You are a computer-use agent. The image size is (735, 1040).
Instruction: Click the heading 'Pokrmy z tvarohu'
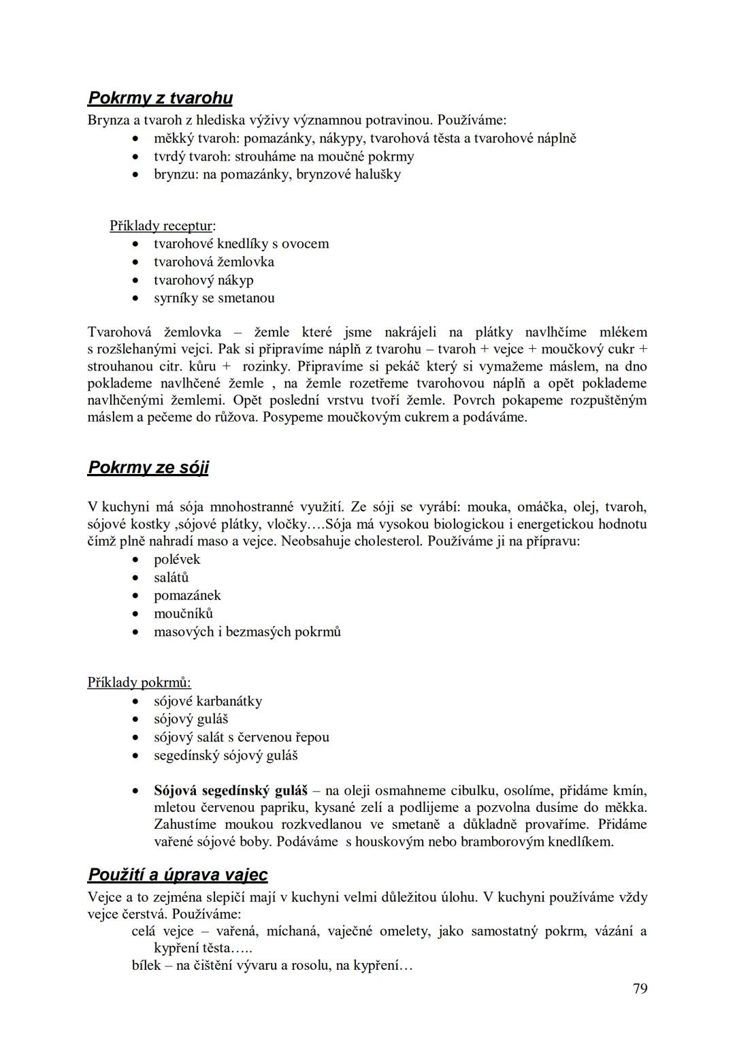pyautogui.click(x=160, y=99)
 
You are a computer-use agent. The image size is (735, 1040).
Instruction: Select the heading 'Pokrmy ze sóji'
pyautogui.click(x=148, y=468)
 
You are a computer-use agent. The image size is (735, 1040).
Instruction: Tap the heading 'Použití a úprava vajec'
pyautogui.click(x=178, y=875)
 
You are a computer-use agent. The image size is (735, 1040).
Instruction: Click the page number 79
pyautogui.click(x=640, y=989)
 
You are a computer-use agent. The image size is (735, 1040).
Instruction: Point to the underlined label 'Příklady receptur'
pyautogui.click(x=161, y=226)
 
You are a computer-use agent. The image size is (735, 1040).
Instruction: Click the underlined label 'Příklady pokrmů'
pyautogui.click(x=139, y=682)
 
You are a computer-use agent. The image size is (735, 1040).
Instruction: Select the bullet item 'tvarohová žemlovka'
pyautogui.click(x=214, y=262)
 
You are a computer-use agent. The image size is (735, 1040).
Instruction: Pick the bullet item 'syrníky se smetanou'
pyautogui.click(x=214, y=298)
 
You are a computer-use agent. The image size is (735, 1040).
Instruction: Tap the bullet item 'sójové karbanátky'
pyautogui.click(x=208, y=702)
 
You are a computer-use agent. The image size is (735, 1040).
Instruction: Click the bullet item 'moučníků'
pyautogui.click(x=183, y=614)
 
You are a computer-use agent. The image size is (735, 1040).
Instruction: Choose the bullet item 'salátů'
pyautogui.click(x=171, y=578)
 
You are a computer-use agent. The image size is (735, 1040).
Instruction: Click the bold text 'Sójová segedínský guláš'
pyautogui.click(x=231, y=791)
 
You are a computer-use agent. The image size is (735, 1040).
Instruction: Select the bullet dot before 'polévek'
pyautogui.click(x=137, y=560)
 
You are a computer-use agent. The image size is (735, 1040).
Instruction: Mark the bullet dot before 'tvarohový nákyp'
pyautogui.click(x=137, y=281)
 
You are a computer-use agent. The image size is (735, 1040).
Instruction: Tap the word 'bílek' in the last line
pyautogui.click(x=146, y=966)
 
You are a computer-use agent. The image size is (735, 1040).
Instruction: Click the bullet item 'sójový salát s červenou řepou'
pyautogui.click(x=241, y=738)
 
